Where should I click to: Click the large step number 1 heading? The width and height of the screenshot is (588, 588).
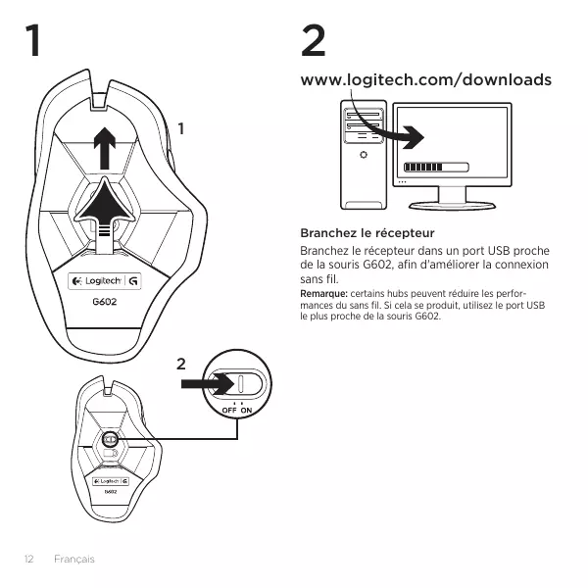[35, 43]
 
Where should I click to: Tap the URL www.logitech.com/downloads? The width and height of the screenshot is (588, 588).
[426, 79]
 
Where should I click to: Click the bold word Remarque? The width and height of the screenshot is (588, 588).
[322, 294]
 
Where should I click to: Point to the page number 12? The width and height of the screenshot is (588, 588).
[29, 559]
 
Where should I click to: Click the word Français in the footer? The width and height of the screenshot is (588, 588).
[74, 559]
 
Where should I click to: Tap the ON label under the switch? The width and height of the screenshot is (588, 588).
[246, 409]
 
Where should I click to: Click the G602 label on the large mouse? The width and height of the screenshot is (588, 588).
[104, 301]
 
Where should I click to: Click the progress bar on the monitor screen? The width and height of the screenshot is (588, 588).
[436, 167]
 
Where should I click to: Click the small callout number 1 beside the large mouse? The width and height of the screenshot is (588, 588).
[180, 127]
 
